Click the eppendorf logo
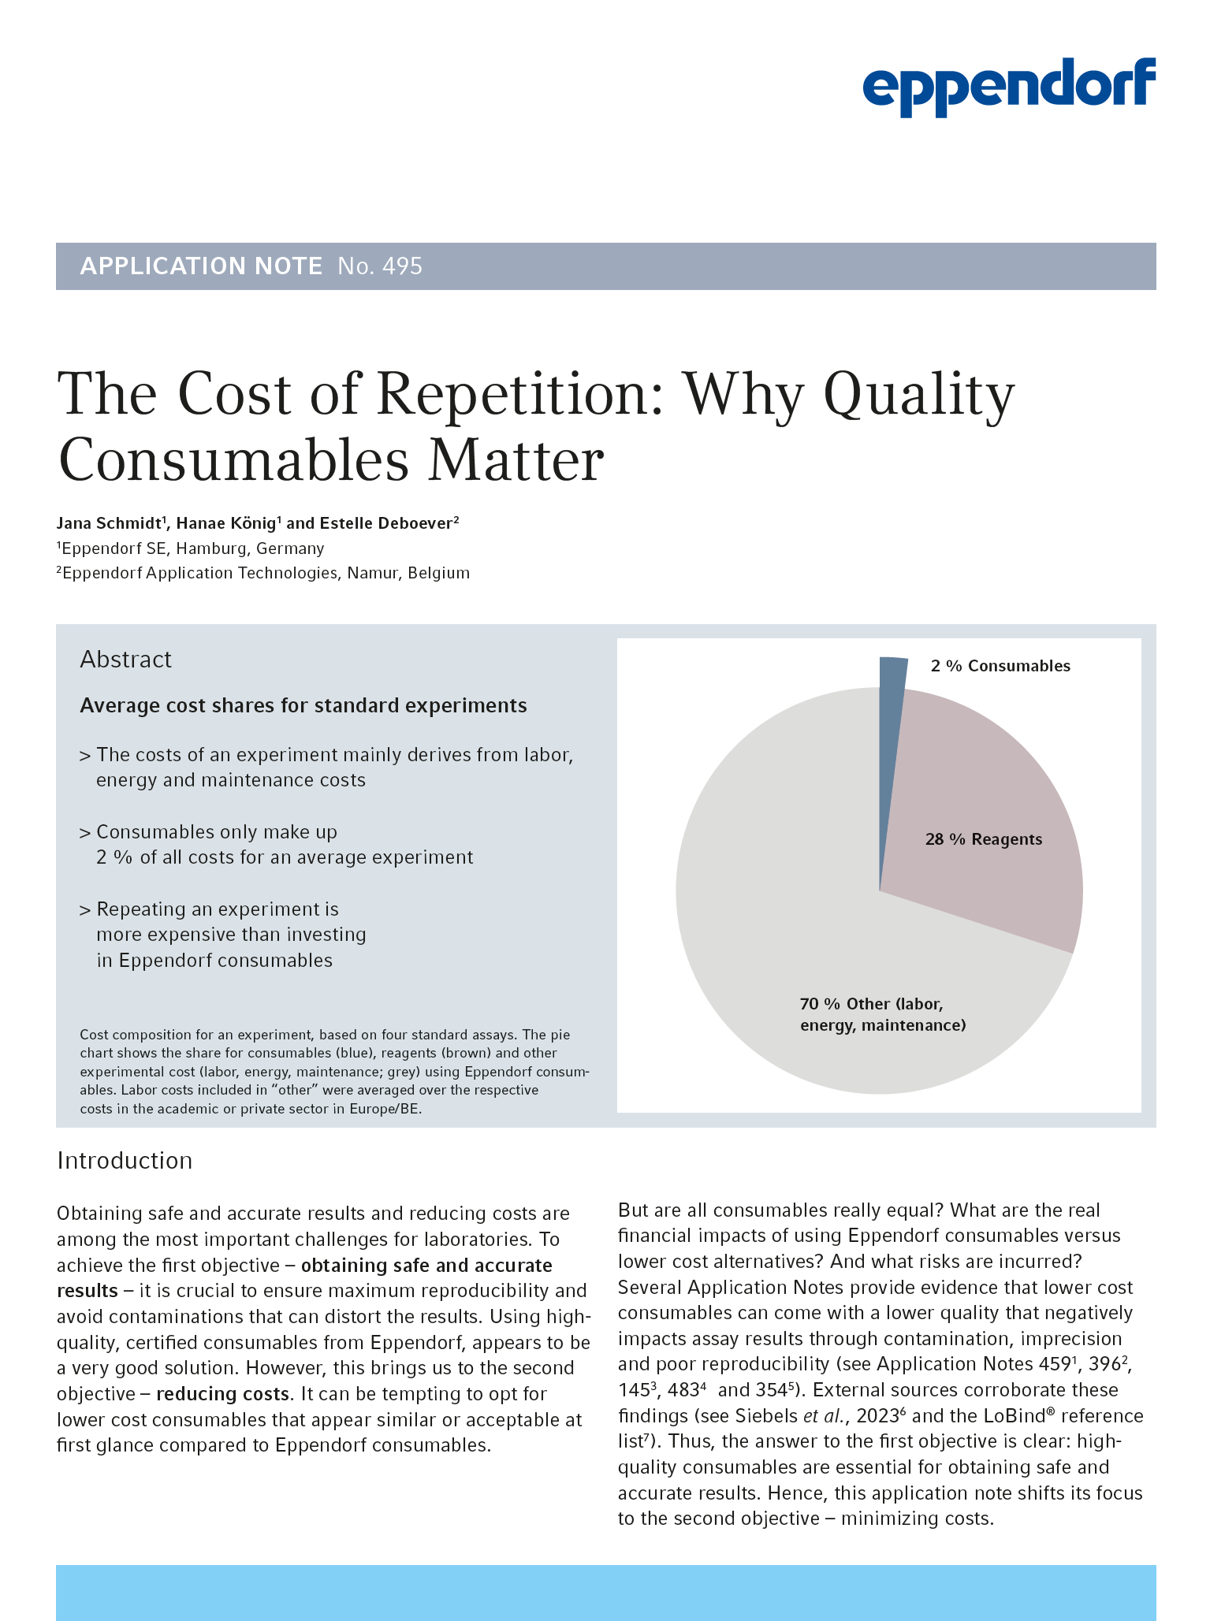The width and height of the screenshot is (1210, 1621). (1008, 86)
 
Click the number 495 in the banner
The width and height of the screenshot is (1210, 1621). (402, 266)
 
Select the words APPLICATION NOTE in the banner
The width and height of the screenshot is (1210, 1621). (201, 266)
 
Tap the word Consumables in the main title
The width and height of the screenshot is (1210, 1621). (233, 460)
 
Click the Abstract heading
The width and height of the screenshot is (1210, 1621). (125, 659)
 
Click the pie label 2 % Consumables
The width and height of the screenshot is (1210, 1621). (1000, 666)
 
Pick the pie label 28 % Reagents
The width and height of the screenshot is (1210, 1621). (984, 839)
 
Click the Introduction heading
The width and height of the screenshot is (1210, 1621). (125, 1161)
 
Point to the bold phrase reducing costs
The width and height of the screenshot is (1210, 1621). (223, 1394)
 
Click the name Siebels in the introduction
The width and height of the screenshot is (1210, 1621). (766, 1416)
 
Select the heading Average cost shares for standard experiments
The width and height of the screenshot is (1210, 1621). (303, 705)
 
